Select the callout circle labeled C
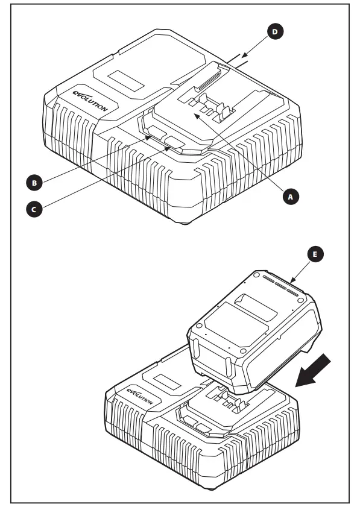36,209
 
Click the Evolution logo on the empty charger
89,100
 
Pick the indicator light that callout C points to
177,142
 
